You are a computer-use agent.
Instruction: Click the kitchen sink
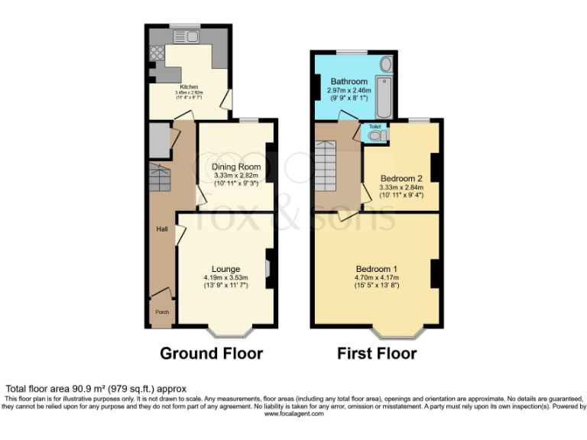tap(186, 37)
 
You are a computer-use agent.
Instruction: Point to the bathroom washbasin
tap(385, 63)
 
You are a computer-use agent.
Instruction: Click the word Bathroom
tap(349, 81)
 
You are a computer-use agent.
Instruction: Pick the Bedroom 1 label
tap(378, 269)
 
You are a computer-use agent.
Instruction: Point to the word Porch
tap(161, 312)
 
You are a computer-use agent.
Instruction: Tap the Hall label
tap(162, 228)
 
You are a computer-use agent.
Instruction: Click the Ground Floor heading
tap(211, 354)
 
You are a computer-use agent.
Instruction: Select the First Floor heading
tap(377, 354)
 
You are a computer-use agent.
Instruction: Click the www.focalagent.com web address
tap(293, 412)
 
